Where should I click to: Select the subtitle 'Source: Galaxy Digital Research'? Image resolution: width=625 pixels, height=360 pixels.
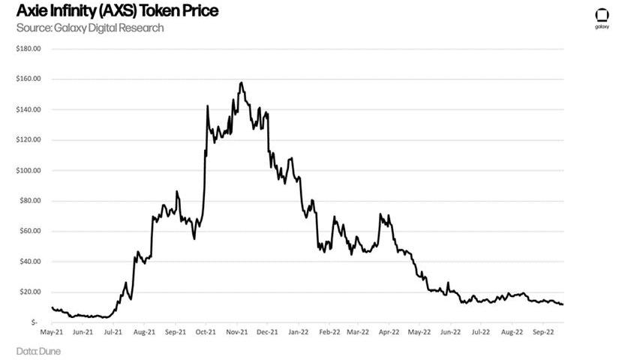tap(90, 28)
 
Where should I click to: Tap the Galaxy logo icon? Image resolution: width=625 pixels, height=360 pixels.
tap(602, 16)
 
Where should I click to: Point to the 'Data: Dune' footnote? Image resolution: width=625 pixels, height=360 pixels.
tap(39, 350)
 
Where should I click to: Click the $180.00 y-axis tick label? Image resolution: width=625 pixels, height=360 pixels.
tap(28, 49)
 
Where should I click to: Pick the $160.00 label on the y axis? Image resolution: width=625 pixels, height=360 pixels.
tap(28, 79)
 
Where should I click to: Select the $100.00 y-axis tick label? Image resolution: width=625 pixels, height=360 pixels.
tap(28, 170)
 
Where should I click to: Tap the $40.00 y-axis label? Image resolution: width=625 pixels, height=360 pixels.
tap(29, 262)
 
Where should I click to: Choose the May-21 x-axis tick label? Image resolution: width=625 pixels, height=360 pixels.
tap(52, 330)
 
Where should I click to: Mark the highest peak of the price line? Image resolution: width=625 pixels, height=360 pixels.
tap(241, 82)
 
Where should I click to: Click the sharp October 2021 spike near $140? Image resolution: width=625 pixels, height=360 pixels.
tap(207, 106)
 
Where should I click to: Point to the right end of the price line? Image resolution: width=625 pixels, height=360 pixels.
tap(563, 304)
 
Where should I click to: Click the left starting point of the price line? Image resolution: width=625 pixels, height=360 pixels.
tap(51, 307)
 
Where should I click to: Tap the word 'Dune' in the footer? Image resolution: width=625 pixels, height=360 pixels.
tap(50, 350)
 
